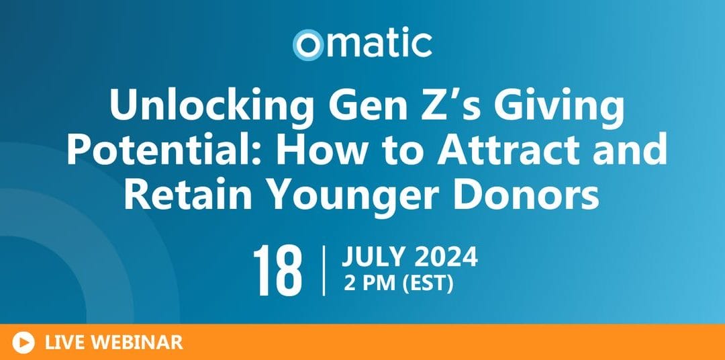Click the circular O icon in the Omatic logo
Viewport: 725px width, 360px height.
pos(307,45)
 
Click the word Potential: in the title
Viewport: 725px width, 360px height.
pos(164,150)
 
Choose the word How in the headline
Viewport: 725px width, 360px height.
pos(313,150)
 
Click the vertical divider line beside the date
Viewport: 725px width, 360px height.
pos(324,271)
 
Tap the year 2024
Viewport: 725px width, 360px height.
pos(446,257)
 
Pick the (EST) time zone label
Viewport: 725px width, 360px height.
pos(428,283)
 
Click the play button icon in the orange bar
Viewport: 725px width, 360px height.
pos(23,343)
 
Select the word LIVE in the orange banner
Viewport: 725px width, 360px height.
pos(64,343)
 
